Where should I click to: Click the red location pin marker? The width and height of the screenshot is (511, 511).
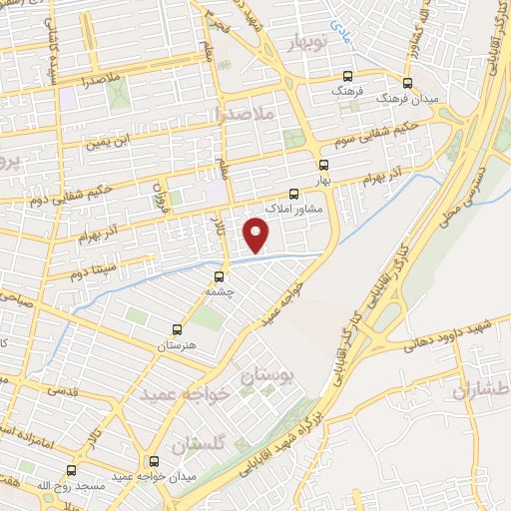pyautogui.click(x=256, y=235)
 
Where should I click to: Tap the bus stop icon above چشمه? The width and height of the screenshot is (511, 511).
pyautogui.click(x=219, y=275)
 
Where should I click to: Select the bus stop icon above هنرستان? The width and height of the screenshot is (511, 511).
pyautogui.click(x=178, y=328)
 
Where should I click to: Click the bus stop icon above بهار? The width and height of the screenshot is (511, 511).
pyautogui.click(x=322, y=166)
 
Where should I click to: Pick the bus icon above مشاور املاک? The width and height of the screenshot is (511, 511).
pyautogui.click(x=293, y=195)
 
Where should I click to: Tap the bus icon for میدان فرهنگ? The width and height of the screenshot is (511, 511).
pyautogui.click(x=406, y=84)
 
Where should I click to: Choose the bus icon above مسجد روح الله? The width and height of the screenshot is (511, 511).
pyautogui.click(x=71, y=469)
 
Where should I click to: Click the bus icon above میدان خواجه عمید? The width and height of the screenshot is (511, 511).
pyautogui.click(x=154, y=461)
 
